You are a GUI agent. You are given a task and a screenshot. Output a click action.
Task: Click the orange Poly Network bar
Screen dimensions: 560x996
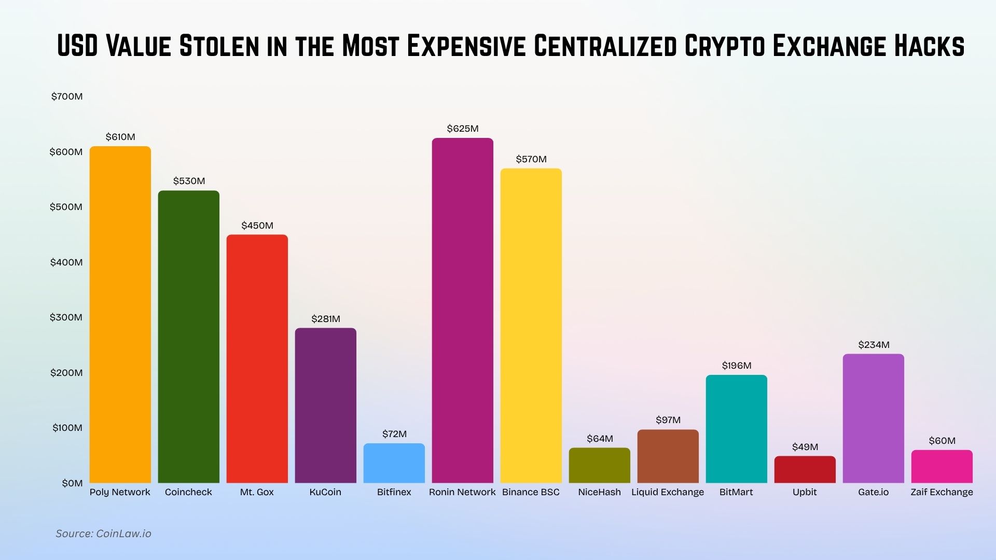[120, 315]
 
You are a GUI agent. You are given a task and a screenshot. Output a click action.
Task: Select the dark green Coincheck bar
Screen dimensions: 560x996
[188, 337]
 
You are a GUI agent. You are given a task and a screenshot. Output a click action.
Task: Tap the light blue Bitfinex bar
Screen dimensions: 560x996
[394, 463]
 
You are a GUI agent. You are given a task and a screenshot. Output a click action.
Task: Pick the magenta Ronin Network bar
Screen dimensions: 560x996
[462, 311]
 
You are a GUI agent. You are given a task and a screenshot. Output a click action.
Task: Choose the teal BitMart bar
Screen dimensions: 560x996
[736, 429]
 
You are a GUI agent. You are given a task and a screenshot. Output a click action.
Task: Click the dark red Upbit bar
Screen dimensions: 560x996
[805, 469]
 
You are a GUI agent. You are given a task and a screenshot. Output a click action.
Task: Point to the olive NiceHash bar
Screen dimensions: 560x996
[599, 465]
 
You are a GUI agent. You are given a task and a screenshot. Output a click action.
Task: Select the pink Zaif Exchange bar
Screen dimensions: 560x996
[942, 466]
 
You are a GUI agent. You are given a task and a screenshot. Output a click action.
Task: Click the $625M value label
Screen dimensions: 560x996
[462, 129]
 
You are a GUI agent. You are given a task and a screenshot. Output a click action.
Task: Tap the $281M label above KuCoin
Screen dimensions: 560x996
[325, 319]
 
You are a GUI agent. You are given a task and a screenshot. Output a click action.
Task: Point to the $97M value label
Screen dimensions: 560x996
[668, 420]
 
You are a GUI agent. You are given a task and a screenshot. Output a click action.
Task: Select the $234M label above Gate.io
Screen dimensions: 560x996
[874, 345]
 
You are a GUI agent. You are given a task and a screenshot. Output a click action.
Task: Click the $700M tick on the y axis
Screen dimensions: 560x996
[66, 96]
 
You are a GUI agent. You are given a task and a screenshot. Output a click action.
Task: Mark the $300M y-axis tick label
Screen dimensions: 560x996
[66, 317]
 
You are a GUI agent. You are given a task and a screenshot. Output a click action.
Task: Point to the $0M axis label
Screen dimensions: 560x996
[72, 483]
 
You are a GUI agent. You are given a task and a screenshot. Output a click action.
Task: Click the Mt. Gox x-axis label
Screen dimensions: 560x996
[257, 492]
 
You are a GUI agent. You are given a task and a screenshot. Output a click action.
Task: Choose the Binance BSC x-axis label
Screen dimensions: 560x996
[531, 492]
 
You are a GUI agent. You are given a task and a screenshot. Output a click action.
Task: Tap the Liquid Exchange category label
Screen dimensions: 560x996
[668, 492]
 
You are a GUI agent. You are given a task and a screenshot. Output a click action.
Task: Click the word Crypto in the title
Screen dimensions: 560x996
[725, 46]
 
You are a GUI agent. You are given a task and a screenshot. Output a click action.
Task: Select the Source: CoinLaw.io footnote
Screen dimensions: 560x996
[103, 534]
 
